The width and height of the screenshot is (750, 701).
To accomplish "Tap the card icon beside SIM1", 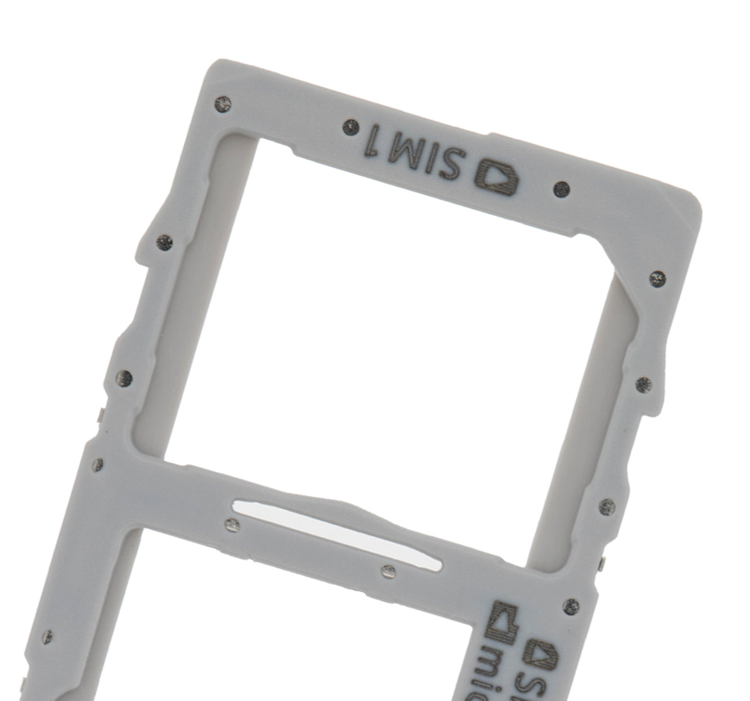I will (x=497, y=177).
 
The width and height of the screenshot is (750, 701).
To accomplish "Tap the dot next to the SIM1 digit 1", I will (x=351, y=127).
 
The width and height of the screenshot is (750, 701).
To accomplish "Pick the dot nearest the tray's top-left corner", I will (x=224, y=104).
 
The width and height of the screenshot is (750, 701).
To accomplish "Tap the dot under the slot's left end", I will (x=232, y=525).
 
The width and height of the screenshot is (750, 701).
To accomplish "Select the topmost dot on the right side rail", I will (x=657, y=278).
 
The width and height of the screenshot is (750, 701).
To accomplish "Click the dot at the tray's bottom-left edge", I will (x=47, y=636).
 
